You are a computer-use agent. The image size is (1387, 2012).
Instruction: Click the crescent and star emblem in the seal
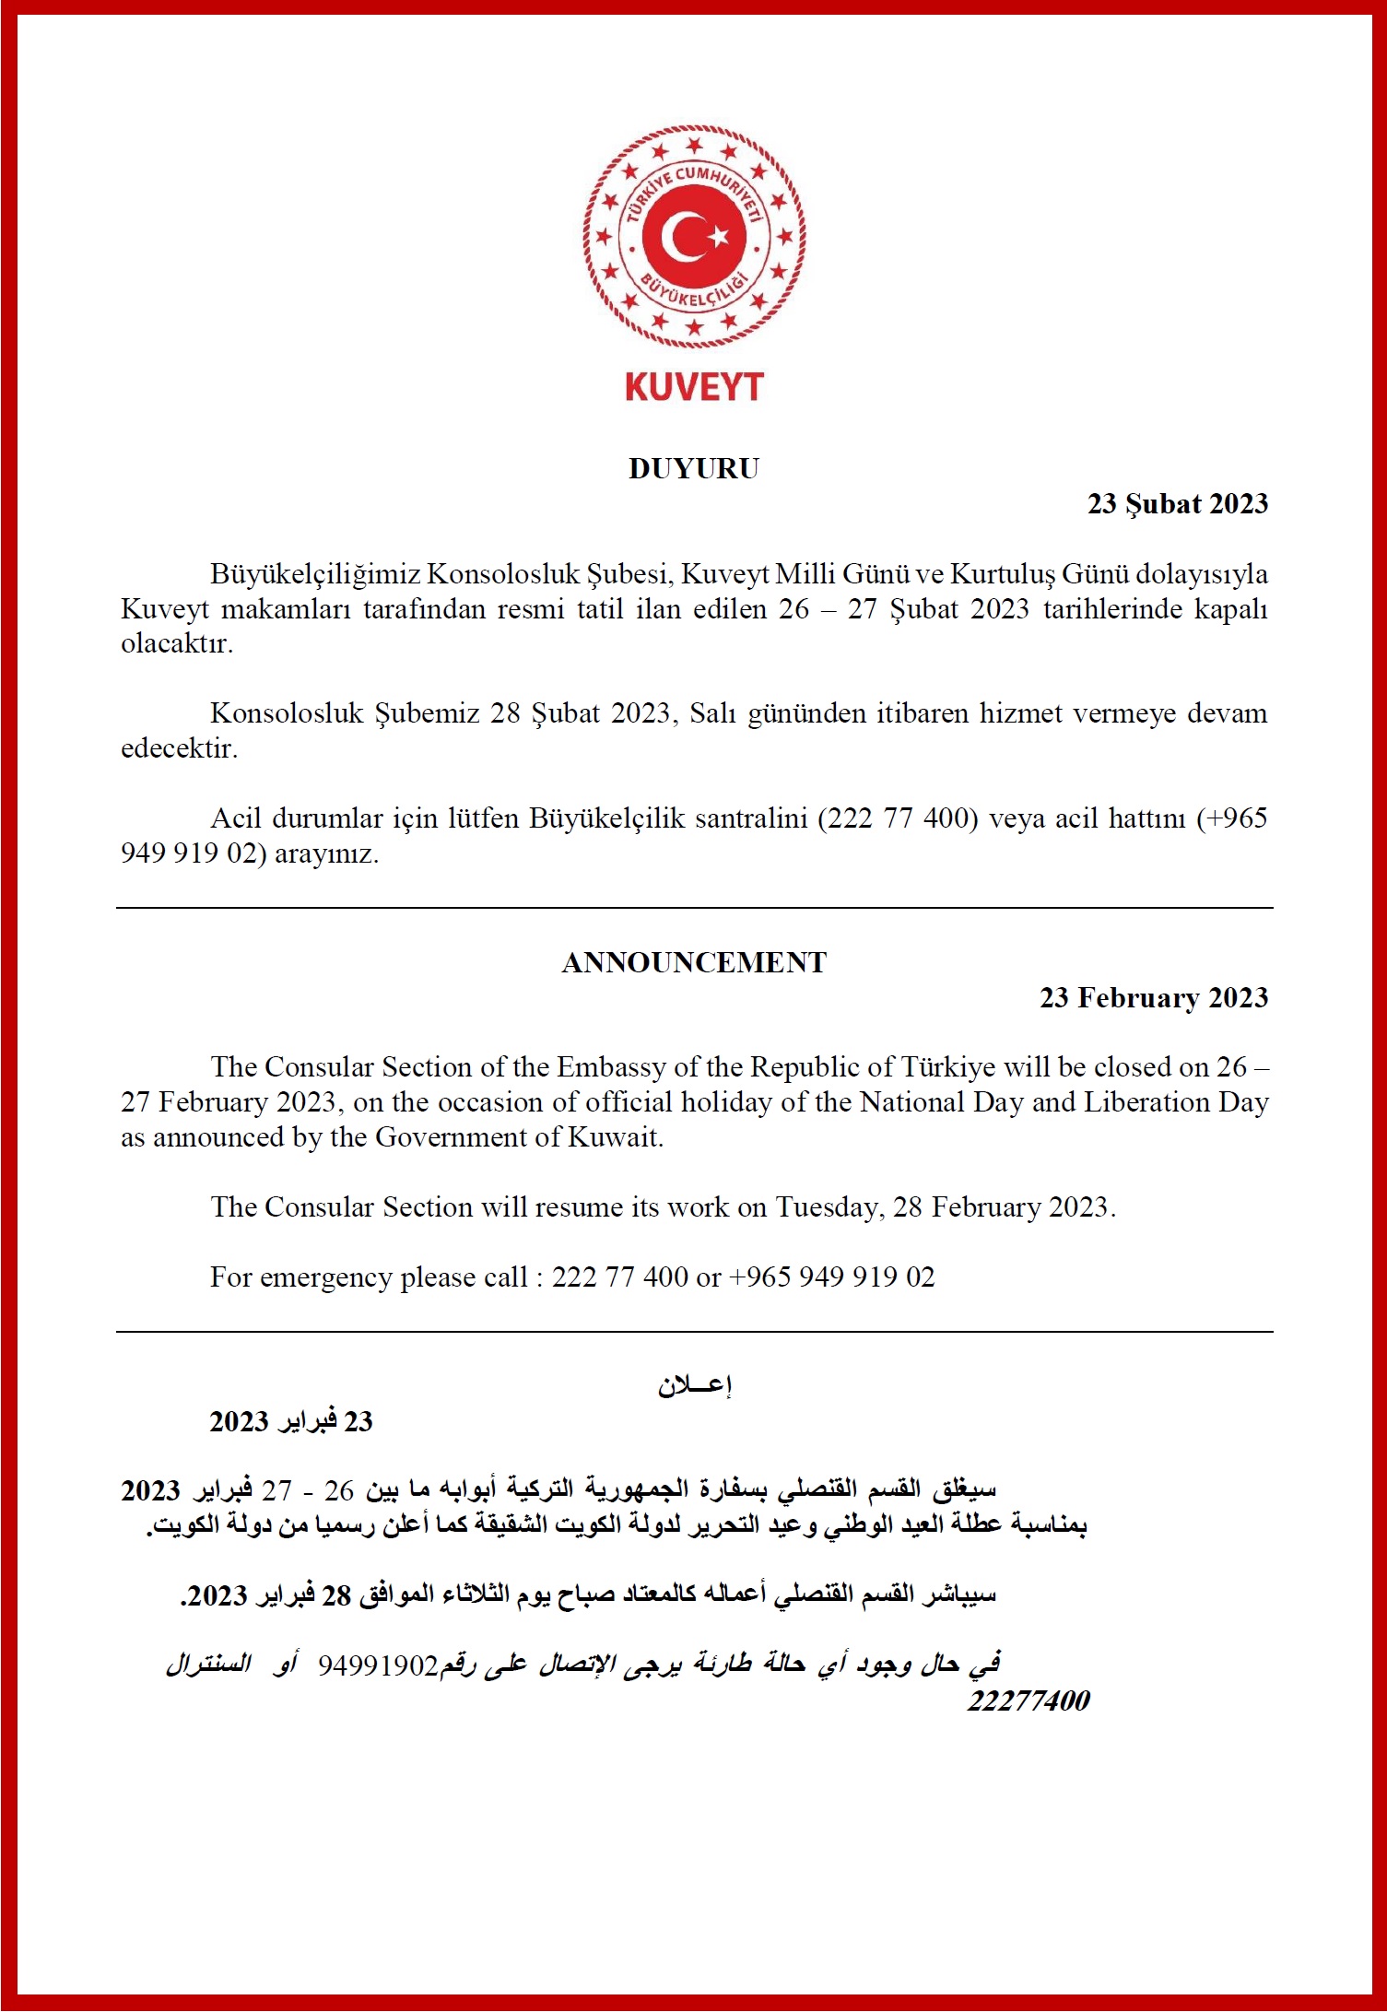pyautogui.click(x=693, y=237)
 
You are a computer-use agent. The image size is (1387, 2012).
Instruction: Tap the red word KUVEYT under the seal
pyautogui.click(x=694, y=387)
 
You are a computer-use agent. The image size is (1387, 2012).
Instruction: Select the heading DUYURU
pyautogui.click(x=694, y=469)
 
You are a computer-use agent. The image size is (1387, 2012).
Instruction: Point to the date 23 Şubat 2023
pyautogui.click(x=1177, y=504)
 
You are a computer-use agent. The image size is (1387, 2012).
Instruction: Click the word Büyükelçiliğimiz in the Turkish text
pyautogui.click(x=315, y=574)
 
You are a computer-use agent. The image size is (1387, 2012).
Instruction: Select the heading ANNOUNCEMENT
pyautogui.click(x=694, y=963)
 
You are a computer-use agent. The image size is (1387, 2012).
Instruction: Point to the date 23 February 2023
pyautogui.click(x=1153, y=998)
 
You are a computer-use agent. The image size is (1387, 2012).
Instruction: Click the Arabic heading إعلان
pyautogui.click(x=694, y=1385)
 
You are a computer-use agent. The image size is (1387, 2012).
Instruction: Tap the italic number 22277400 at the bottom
pyautogui.click(x=1028, y=1700)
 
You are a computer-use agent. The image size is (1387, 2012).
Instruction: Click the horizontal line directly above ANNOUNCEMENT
pyautogui.click(x=694, y=908)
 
